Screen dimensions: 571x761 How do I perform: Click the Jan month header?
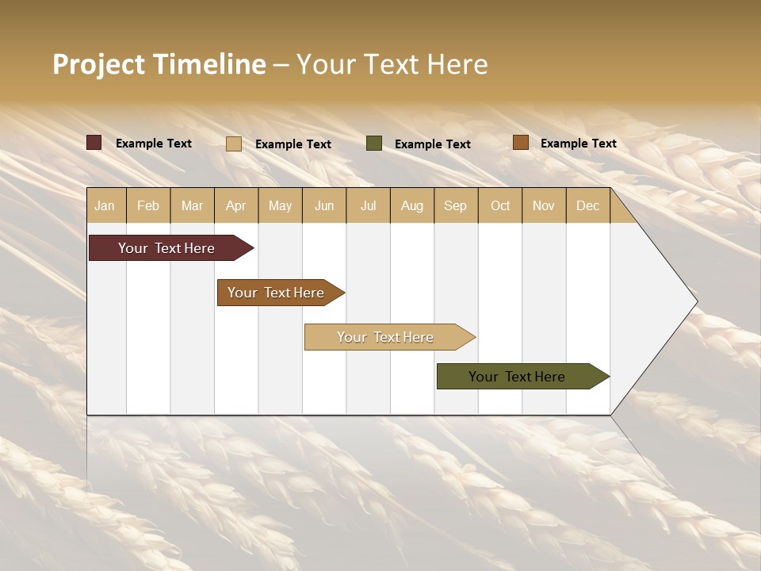[x=105, y=205]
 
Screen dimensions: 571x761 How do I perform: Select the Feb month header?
[x=148, y=205]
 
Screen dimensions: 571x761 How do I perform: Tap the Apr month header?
[x=235, y=205]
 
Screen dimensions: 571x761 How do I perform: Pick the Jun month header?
[x=324, y=205]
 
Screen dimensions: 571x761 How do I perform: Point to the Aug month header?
[x=411, y=205]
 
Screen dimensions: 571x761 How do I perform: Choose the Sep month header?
[x=455, y=205]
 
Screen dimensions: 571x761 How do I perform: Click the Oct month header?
[x=500, y=205]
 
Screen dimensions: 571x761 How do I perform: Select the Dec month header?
[x=587, y=205]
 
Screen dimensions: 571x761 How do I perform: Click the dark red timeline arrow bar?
[x=167, y=248]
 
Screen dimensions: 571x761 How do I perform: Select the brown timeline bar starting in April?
[x=277, y=293]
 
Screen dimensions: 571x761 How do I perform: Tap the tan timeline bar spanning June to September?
[x=386, y=337]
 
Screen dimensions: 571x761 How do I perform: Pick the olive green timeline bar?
[x=518, y=377]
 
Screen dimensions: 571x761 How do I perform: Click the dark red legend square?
[x=94, y=143]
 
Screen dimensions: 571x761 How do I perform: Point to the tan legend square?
[x=234, y=144]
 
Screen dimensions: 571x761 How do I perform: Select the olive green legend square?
[x=374, y=144]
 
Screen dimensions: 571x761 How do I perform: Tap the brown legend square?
[x=520, y=143]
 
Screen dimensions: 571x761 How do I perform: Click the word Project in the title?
[x=99, y=64]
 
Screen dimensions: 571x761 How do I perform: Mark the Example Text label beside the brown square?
[x=578, y=144]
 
